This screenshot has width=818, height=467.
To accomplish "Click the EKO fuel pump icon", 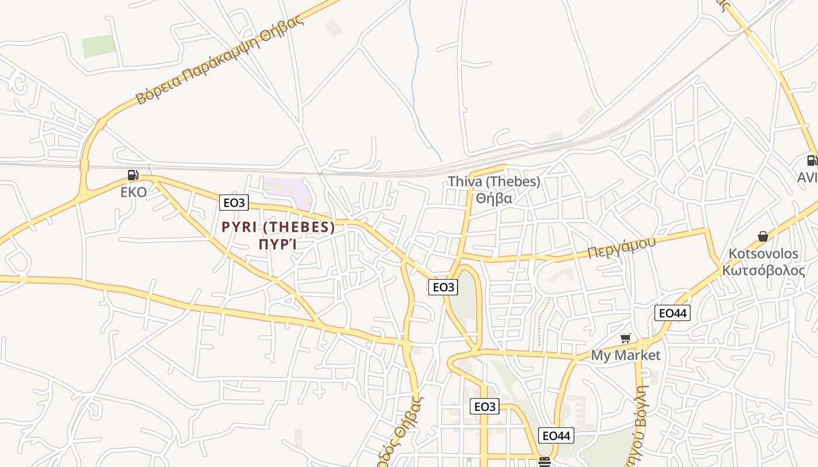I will coord(133,175).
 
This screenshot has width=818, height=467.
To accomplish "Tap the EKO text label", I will coord(134,193).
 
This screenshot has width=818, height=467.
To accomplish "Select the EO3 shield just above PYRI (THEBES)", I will coord(234,203).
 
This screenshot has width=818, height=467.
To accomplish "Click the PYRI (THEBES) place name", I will coord(278,227).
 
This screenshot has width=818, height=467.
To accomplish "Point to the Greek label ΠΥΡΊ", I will coord(278,244).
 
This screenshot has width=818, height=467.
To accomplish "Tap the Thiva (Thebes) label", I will coord(494,182).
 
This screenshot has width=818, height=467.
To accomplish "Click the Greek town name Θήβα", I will coord(494,198).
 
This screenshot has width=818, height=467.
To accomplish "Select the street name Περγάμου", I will coord(622,248).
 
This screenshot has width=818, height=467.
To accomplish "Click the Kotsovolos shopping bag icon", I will coord(762,236).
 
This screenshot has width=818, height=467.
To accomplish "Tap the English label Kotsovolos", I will coord(763,254).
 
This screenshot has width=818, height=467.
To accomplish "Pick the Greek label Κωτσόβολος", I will coord(763,270).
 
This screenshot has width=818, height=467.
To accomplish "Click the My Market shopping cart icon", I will coord(625,338).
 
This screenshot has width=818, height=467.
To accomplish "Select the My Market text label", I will coord(625,355).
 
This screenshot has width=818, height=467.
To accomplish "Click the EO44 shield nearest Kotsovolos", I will coord(673,313).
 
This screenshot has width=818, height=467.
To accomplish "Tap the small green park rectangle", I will coord(99,46).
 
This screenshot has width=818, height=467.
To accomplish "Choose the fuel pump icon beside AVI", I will coord(812,160).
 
